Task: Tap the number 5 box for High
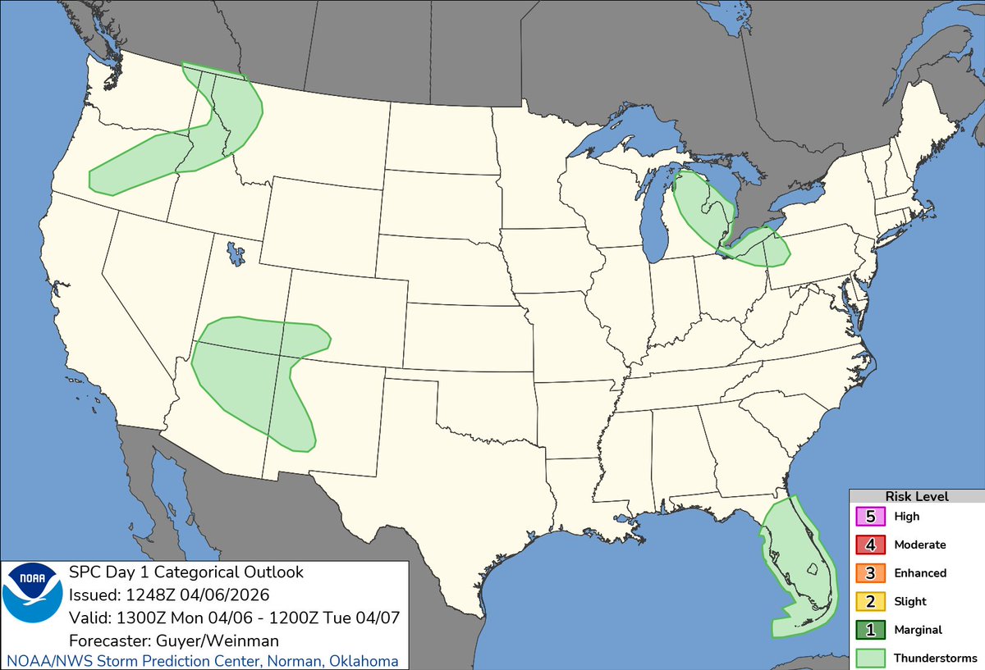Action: [870, 517]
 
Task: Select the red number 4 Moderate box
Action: [870, 545]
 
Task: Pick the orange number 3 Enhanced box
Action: [870, 573]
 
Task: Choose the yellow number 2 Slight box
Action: [870, 601]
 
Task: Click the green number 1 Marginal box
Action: [870, 630]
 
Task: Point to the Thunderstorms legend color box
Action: [870, 658]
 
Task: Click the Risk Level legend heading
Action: [916, 496]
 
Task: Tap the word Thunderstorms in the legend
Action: [935, 658]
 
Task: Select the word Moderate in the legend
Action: [919, 545]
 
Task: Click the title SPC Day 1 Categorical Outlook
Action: [186, 572]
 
